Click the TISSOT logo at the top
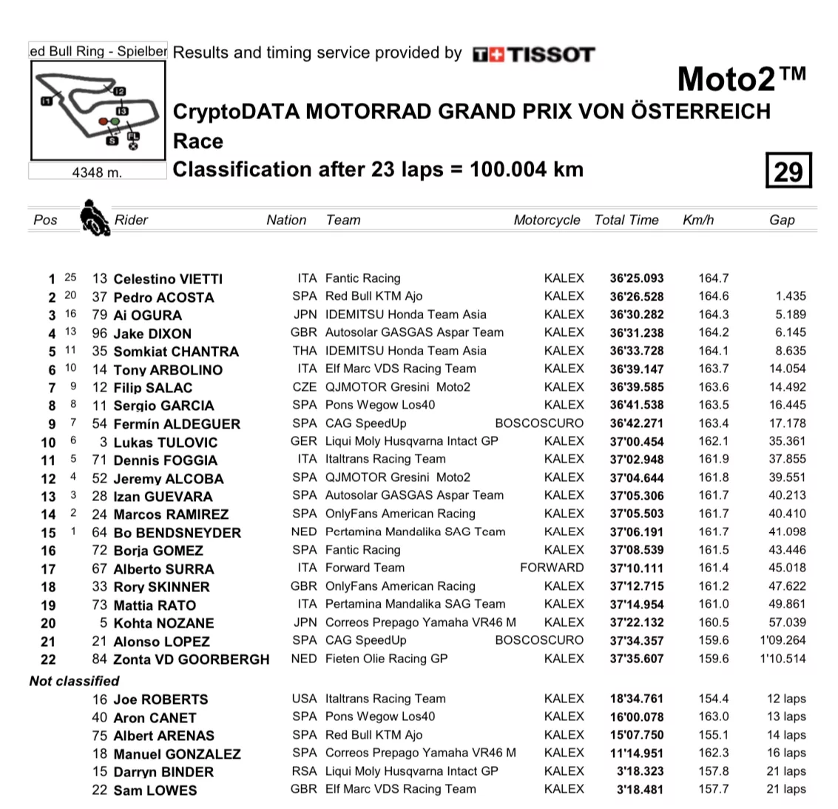tap(533, 54)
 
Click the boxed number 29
tap(788, 171)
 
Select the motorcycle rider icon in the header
tap(94, 218)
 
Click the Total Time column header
tap(626, 220)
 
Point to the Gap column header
tap(781, 220)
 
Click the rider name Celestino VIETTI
tap(168, 279)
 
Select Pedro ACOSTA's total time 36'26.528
tap(637, 296)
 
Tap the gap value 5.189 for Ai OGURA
tap(791, 315)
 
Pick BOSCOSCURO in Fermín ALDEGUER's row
tap(538, 423)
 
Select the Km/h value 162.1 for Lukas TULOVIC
tap(713, 441)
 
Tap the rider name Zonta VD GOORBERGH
tap(192, 659)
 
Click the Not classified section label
tap(74, 681)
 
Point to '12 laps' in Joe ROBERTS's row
tap(786, 699)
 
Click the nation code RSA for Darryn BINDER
tap(303, 771)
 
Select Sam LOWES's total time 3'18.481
tap(640, 789)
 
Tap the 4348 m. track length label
tap(97, 172)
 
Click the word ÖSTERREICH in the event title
tap(701, 112)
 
